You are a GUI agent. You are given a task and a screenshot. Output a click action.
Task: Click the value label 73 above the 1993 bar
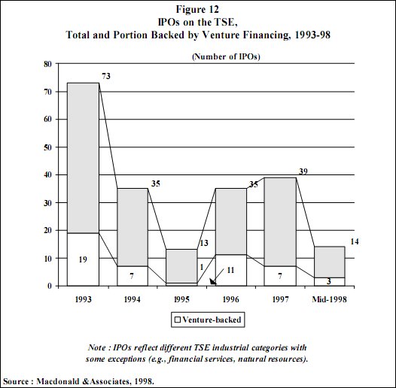[107, 77]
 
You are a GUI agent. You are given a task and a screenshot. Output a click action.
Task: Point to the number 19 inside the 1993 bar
[83, 259]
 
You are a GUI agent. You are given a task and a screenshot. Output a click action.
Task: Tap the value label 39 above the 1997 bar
[304, 173]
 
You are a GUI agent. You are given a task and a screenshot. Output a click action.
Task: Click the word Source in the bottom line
[18, 380]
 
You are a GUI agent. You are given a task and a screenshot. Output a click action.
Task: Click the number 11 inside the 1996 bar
[230, 268]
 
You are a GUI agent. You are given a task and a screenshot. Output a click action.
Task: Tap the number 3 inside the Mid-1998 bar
[328, 280]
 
